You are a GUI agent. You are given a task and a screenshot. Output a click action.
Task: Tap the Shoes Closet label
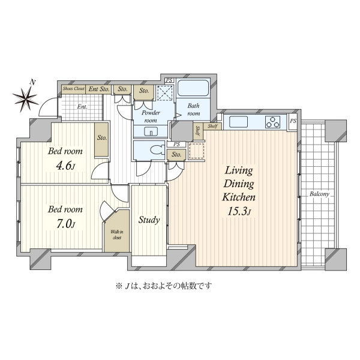pos(74,89)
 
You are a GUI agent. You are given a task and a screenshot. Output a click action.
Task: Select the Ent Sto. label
pos(99,89)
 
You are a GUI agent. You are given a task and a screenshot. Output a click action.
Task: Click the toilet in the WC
pos(158,150)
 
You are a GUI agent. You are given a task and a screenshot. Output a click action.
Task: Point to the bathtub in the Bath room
pos(193,88)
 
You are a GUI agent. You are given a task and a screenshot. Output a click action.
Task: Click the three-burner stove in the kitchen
pos(273,122)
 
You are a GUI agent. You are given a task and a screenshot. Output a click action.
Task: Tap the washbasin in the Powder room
pos(151,131)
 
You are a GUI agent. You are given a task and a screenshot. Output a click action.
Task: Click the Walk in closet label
pos(117,235)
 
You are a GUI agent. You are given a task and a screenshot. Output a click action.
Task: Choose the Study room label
pos(149,220)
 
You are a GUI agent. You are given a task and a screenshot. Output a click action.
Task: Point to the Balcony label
pos(319,194)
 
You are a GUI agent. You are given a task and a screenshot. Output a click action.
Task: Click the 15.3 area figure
pos(238,211)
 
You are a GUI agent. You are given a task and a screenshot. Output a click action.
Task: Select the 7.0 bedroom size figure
pos(65,224)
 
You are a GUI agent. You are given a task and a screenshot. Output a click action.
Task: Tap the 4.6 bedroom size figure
pos(65,166)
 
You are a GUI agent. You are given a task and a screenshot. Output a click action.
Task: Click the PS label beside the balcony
pos(293,121)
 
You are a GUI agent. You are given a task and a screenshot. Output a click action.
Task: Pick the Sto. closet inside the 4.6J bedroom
pos(102,140)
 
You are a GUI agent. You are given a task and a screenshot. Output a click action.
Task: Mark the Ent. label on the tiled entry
pos(82,107)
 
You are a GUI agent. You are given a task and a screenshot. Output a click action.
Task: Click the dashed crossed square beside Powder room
pos(165,93)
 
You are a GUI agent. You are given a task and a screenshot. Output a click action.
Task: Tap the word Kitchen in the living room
pos(239,197)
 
